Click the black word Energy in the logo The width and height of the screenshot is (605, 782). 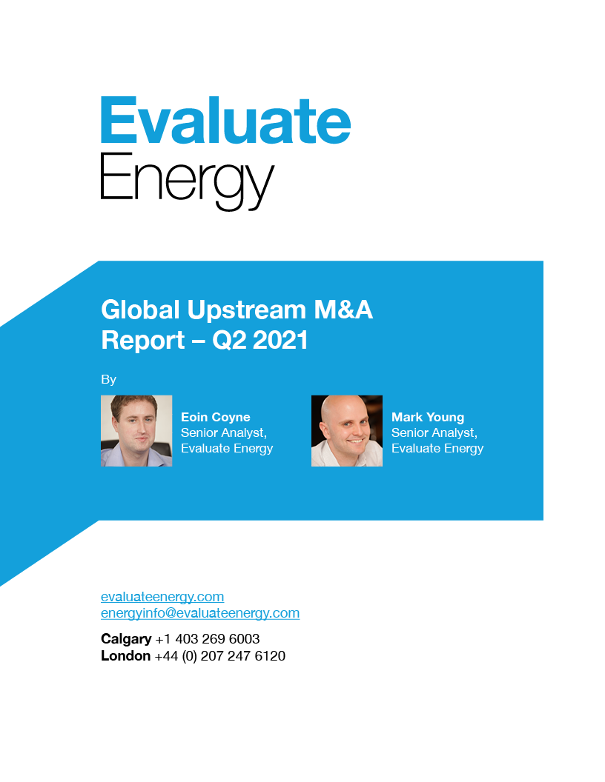pos(188,181)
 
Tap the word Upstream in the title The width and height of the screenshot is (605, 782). pos(246,311)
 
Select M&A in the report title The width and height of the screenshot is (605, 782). pos(343,310)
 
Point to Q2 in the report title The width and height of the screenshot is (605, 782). pos(229,341)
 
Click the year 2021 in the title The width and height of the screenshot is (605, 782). pos(280,340)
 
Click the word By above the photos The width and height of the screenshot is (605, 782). pos(108,380)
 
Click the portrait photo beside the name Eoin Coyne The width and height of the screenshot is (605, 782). pos(136,431)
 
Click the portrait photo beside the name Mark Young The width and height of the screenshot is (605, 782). pos(347,431)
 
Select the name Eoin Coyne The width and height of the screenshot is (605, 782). pos(216,418)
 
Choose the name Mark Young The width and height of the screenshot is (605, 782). pos(428,418)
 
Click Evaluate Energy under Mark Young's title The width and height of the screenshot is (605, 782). pos(437,448)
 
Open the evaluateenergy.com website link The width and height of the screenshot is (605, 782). pos(162,597)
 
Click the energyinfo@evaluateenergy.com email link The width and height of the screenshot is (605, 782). pos(200,613)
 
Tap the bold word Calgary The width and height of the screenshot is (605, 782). pos(126,639)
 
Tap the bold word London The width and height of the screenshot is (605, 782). pos(126,656)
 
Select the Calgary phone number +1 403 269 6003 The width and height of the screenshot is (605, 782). pos(208,639)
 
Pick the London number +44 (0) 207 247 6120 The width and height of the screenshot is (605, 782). pos(220,656)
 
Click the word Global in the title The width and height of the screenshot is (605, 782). pos(140,310)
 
